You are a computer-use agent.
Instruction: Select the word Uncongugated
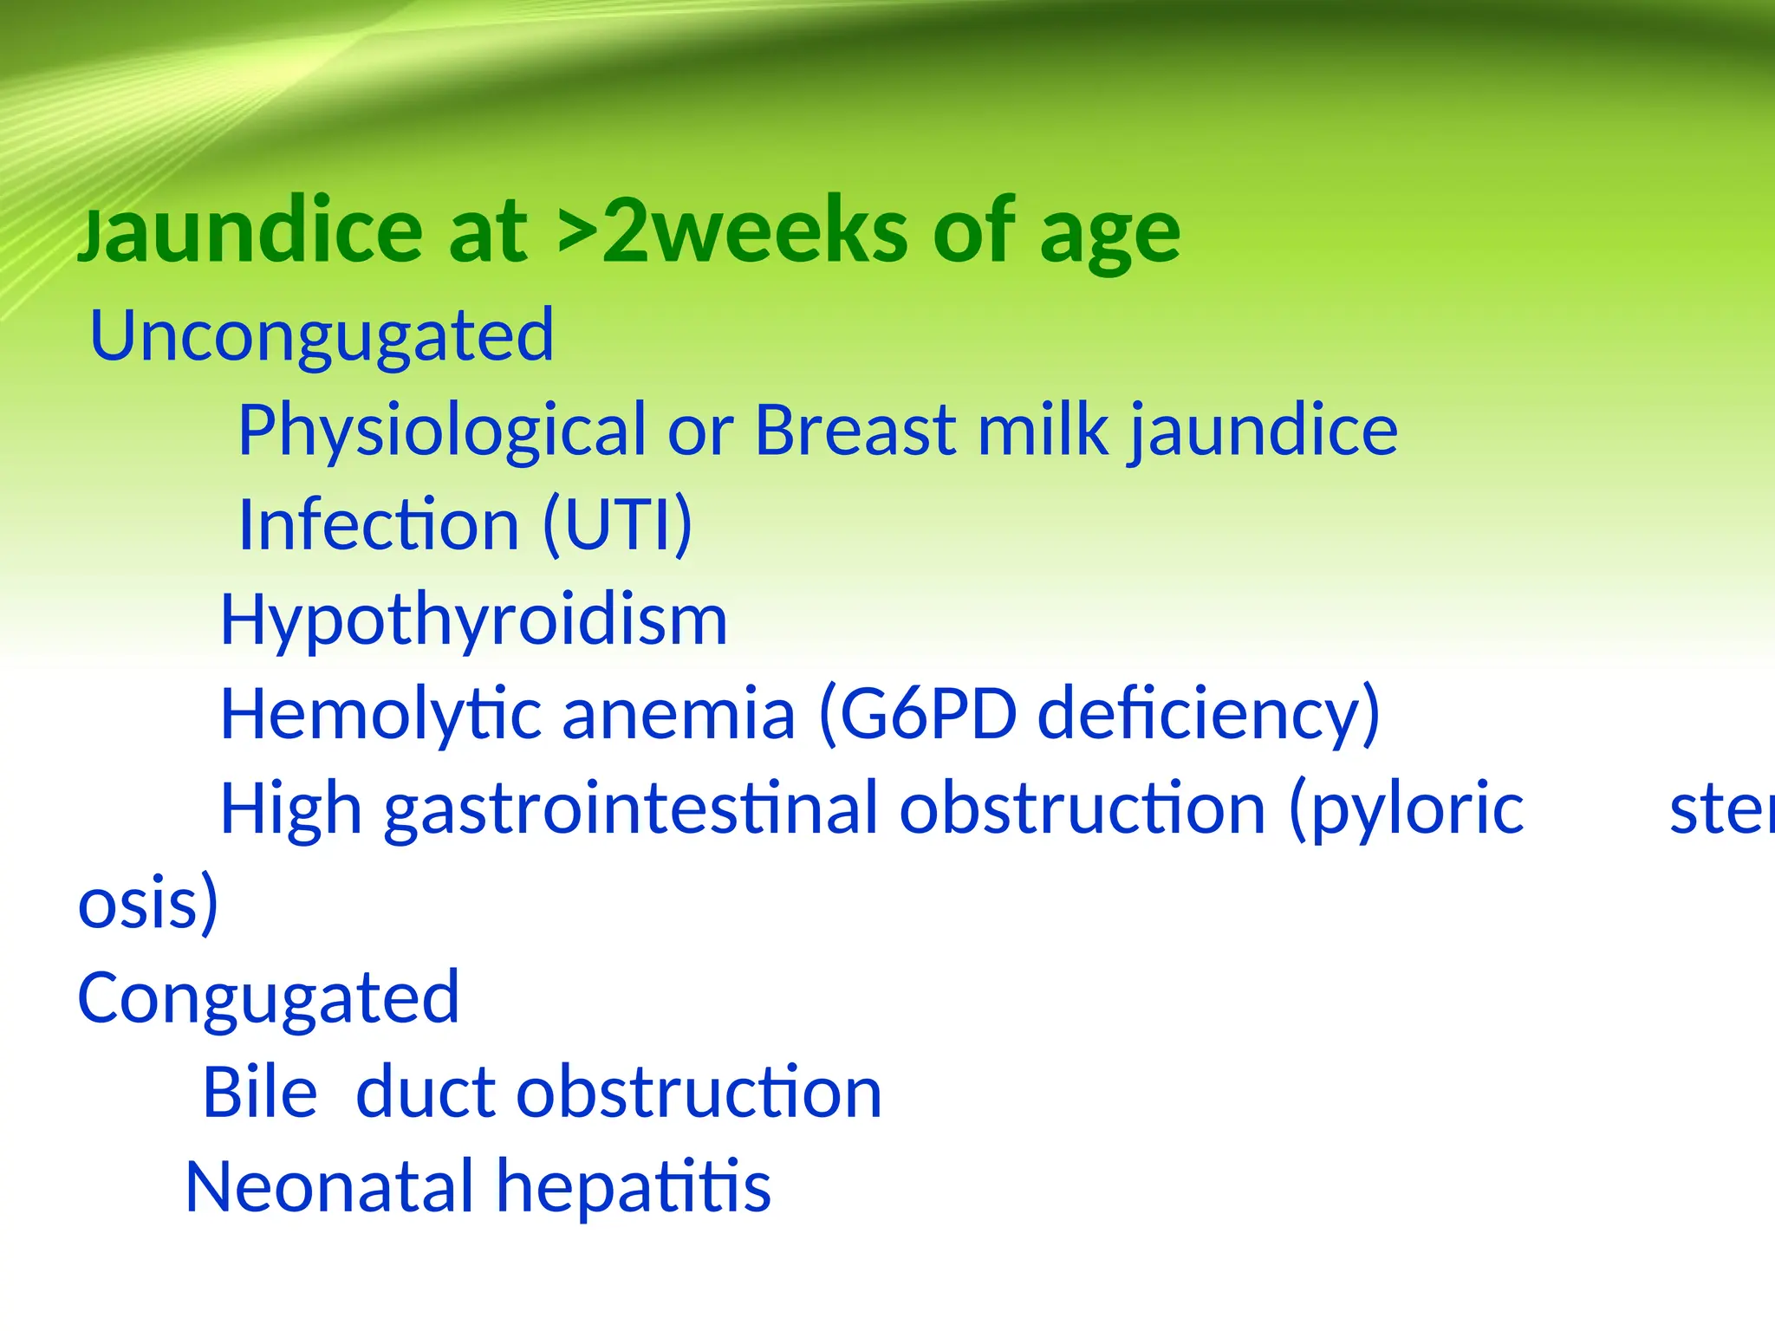[x=322, y=337]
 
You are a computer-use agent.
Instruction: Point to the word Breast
[x=855, y=430]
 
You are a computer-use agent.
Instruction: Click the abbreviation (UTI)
[x=617, y=524]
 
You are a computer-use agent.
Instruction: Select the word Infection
[x=379, y=524]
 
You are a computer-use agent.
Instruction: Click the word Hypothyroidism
[x=473, y=621]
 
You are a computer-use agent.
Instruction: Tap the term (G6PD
[x=917, y=715]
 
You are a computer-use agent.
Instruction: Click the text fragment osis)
[x=148, y=904]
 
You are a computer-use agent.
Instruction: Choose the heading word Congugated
[x=269, y=999]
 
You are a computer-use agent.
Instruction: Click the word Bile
[x=260, y=1092]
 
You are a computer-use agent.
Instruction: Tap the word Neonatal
[x=328, y=1186]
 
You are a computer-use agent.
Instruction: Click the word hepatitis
[x=633, y=1186]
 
